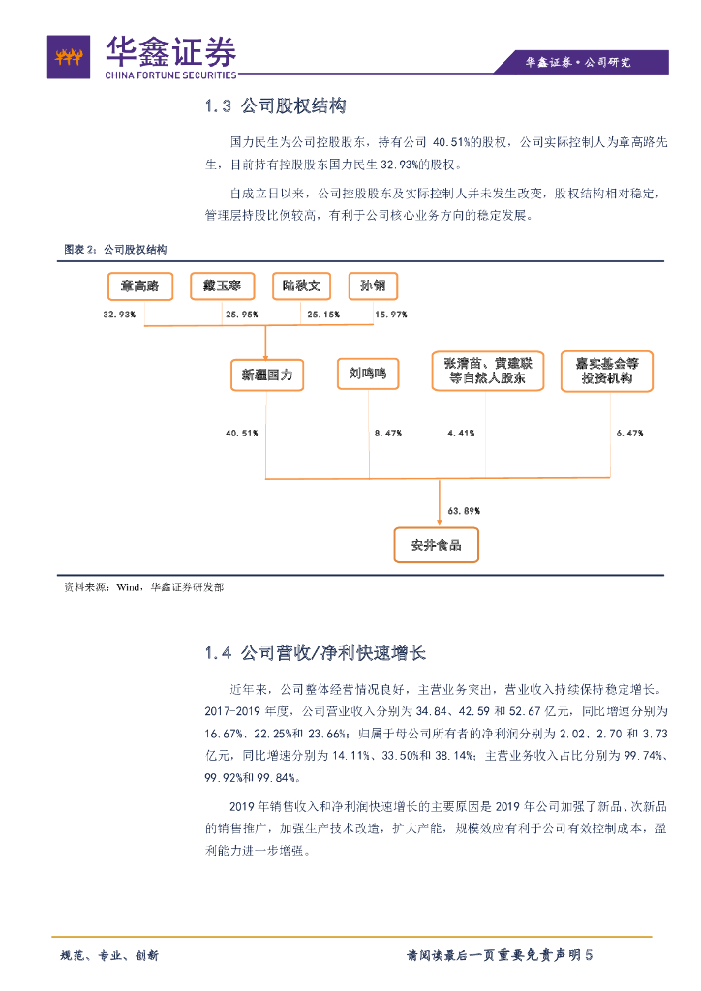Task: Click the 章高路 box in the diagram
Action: (139, 285)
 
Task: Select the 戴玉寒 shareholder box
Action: (222, 285)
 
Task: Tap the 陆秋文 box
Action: (301, 285)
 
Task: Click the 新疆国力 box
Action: (267, 374)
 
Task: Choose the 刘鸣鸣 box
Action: (368, 374)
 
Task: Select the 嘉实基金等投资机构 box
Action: (606, 372)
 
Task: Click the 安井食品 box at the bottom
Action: (436, 545)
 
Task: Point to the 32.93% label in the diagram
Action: (119, 315)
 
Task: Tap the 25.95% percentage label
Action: (241, 315)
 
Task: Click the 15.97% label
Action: (391, 315)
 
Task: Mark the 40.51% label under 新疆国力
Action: (241, 433)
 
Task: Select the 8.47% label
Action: (388, 433)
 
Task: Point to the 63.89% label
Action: (464, 510)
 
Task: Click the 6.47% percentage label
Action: (629, 433)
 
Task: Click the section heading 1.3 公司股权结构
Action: (276, 106)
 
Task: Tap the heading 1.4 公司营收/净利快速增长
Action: (316, 653)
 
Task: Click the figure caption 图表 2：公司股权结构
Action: (115, 250)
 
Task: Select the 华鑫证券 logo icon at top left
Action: (69, 58)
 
